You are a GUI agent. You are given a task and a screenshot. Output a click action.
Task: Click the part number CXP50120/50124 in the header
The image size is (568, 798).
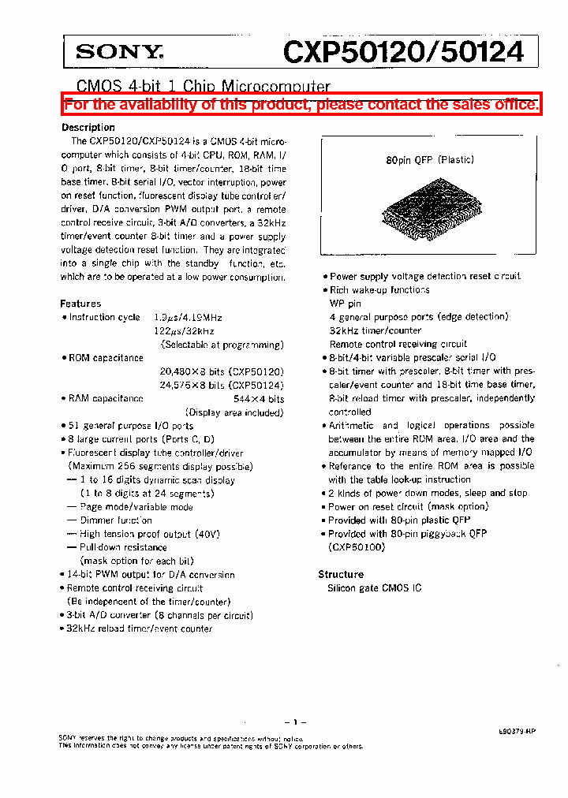point(403,52)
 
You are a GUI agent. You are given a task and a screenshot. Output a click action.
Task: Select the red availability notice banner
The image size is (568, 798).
point(301,104)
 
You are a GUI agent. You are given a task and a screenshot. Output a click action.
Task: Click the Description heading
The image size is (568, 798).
point(88,128)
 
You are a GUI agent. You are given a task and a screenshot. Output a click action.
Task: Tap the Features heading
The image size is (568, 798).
point(80,304)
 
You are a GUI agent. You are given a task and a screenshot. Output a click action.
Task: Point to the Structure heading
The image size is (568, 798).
point(340,575)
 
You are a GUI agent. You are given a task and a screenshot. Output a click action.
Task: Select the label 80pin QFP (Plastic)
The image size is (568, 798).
point(430,160)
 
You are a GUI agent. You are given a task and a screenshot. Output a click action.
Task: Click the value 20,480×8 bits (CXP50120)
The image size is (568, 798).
point(222,371)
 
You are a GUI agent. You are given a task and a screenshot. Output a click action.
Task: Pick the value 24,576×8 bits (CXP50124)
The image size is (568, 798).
point(222,385)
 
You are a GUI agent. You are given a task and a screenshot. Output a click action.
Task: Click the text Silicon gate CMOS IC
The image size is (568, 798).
point(375,588)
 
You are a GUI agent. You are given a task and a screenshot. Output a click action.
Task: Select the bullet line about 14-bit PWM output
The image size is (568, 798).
point(150,575)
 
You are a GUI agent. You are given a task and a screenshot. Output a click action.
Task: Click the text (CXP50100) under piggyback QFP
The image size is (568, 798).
point(357,547)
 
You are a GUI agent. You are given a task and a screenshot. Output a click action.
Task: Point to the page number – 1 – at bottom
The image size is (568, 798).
point(294,722)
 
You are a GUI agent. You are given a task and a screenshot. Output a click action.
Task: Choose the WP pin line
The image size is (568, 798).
point(345,304)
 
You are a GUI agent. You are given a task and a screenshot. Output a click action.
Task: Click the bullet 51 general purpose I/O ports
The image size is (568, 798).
point(130,426)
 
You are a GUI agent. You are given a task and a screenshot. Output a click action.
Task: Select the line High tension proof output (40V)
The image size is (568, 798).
point(149,534)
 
